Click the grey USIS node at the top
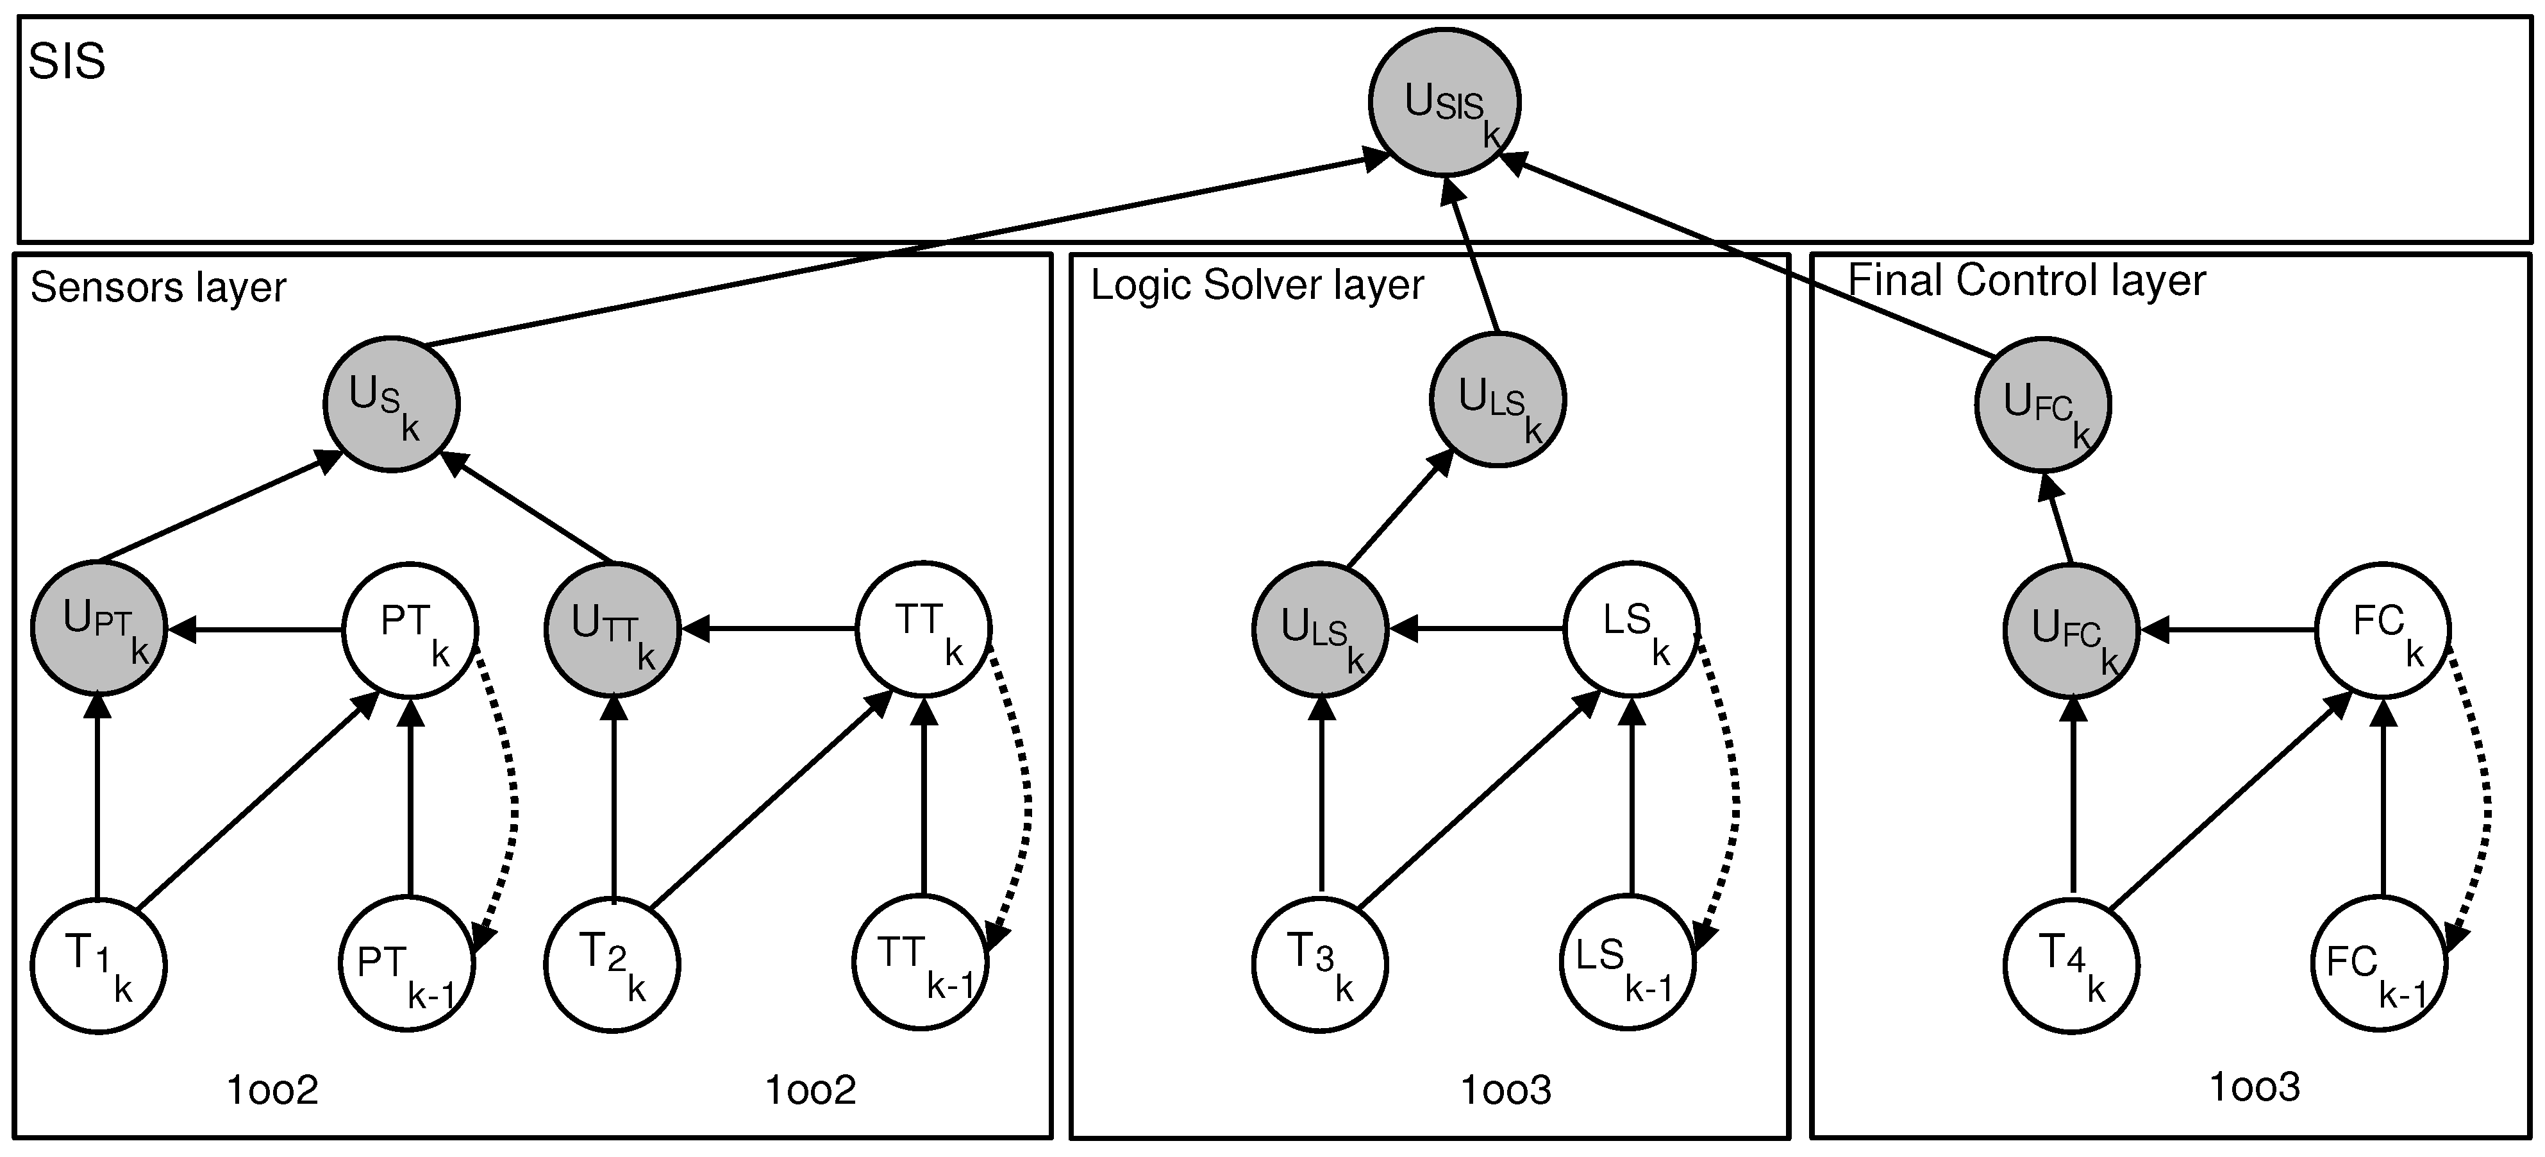tap(1444, 103)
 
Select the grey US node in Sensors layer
tap(391, 404)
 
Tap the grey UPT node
tap(99, 629)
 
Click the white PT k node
tap(410, 629)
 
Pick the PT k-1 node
tap(408, 965)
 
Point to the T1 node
tap(98, 965)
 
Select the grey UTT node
tap(613, 629)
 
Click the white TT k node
tap(922, 629)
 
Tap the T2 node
tap(612, 965)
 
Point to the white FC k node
tap(2383, 629)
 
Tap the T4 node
tap(2072, 965)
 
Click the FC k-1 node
tap(2379, 965)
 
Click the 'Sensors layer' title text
tap(158, 287)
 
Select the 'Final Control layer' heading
tap(2025, 281)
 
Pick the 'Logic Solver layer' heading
tap(1256, 285)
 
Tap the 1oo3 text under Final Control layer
tap(2255, 1088)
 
